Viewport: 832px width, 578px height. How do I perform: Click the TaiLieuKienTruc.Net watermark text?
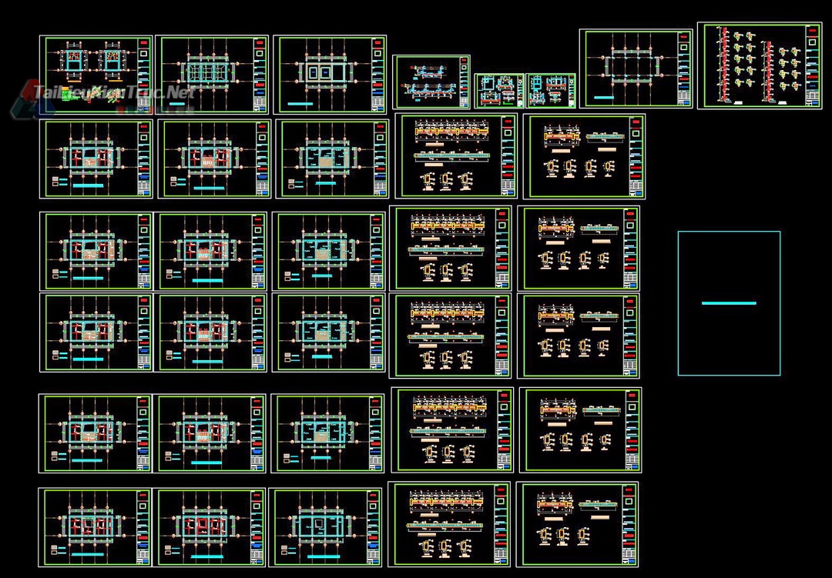116,93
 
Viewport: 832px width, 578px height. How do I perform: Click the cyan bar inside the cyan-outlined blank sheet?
729,303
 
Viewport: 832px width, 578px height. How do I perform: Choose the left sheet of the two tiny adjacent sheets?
498,91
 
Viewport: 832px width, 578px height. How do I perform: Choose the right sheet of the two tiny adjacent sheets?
551,91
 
